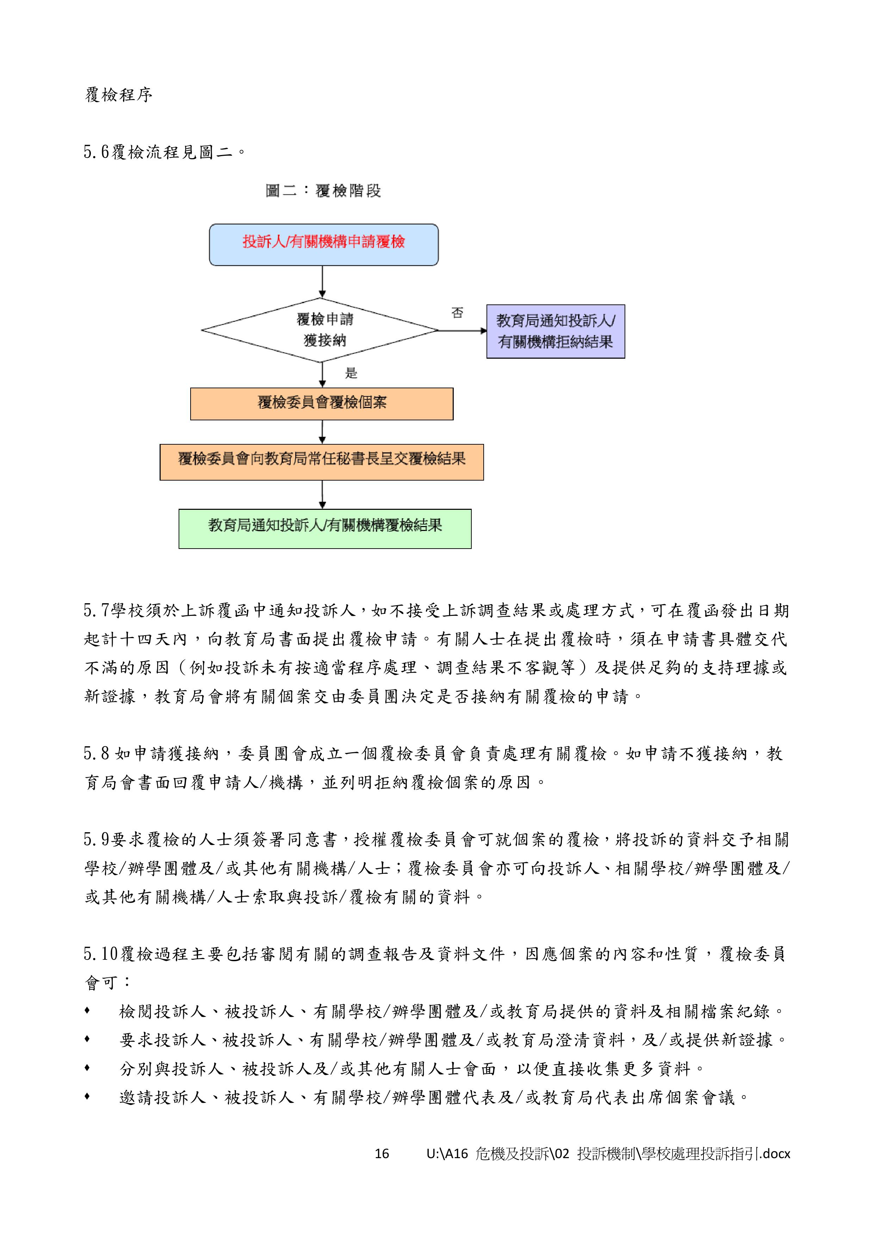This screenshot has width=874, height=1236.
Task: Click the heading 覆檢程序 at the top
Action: pyautogui.click(x=118, y=95)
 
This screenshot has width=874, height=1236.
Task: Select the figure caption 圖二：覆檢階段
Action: pyautogui.click(x=323, y=191)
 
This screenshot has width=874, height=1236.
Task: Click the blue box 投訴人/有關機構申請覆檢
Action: pyautogui.click(x=323, y=245)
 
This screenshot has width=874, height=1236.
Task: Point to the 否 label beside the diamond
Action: pyautogui.click(x=457, y=313)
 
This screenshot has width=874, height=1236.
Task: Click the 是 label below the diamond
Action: pyautogui.click(x=351, y=373)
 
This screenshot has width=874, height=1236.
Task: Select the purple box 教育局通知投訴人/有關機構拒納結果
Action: pyautogui.click(x=556, y=331)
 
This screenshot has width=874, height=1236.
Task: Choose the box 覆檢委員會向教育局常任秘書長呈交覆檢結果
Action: pyautogui.click(x=322, y=462)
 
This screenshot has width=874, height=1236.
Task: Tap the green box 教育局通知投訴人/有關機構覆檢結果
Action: pyautogui.click(x=325, y=529)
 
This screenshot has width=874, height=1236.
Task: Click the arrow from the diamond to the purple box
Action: pyautogui.click(x=462, y=330)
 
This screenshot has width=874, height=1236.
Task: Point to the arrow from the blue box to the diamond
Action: pyautogui.click(x=322, y=282)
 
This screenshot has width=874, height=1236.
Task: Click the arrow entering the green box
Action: pyautogui.click(x=322, y=495)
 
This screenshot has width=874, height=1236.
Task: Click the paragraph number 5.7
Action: pyautogui.click(x=96, y=611)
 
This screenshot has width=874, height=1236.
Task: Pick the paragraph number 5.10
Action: pyautogui.click(x=101, y=954)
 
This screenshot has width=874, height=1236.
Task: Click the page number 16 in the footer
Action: pyautogui.click(x=382, y=1154)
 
